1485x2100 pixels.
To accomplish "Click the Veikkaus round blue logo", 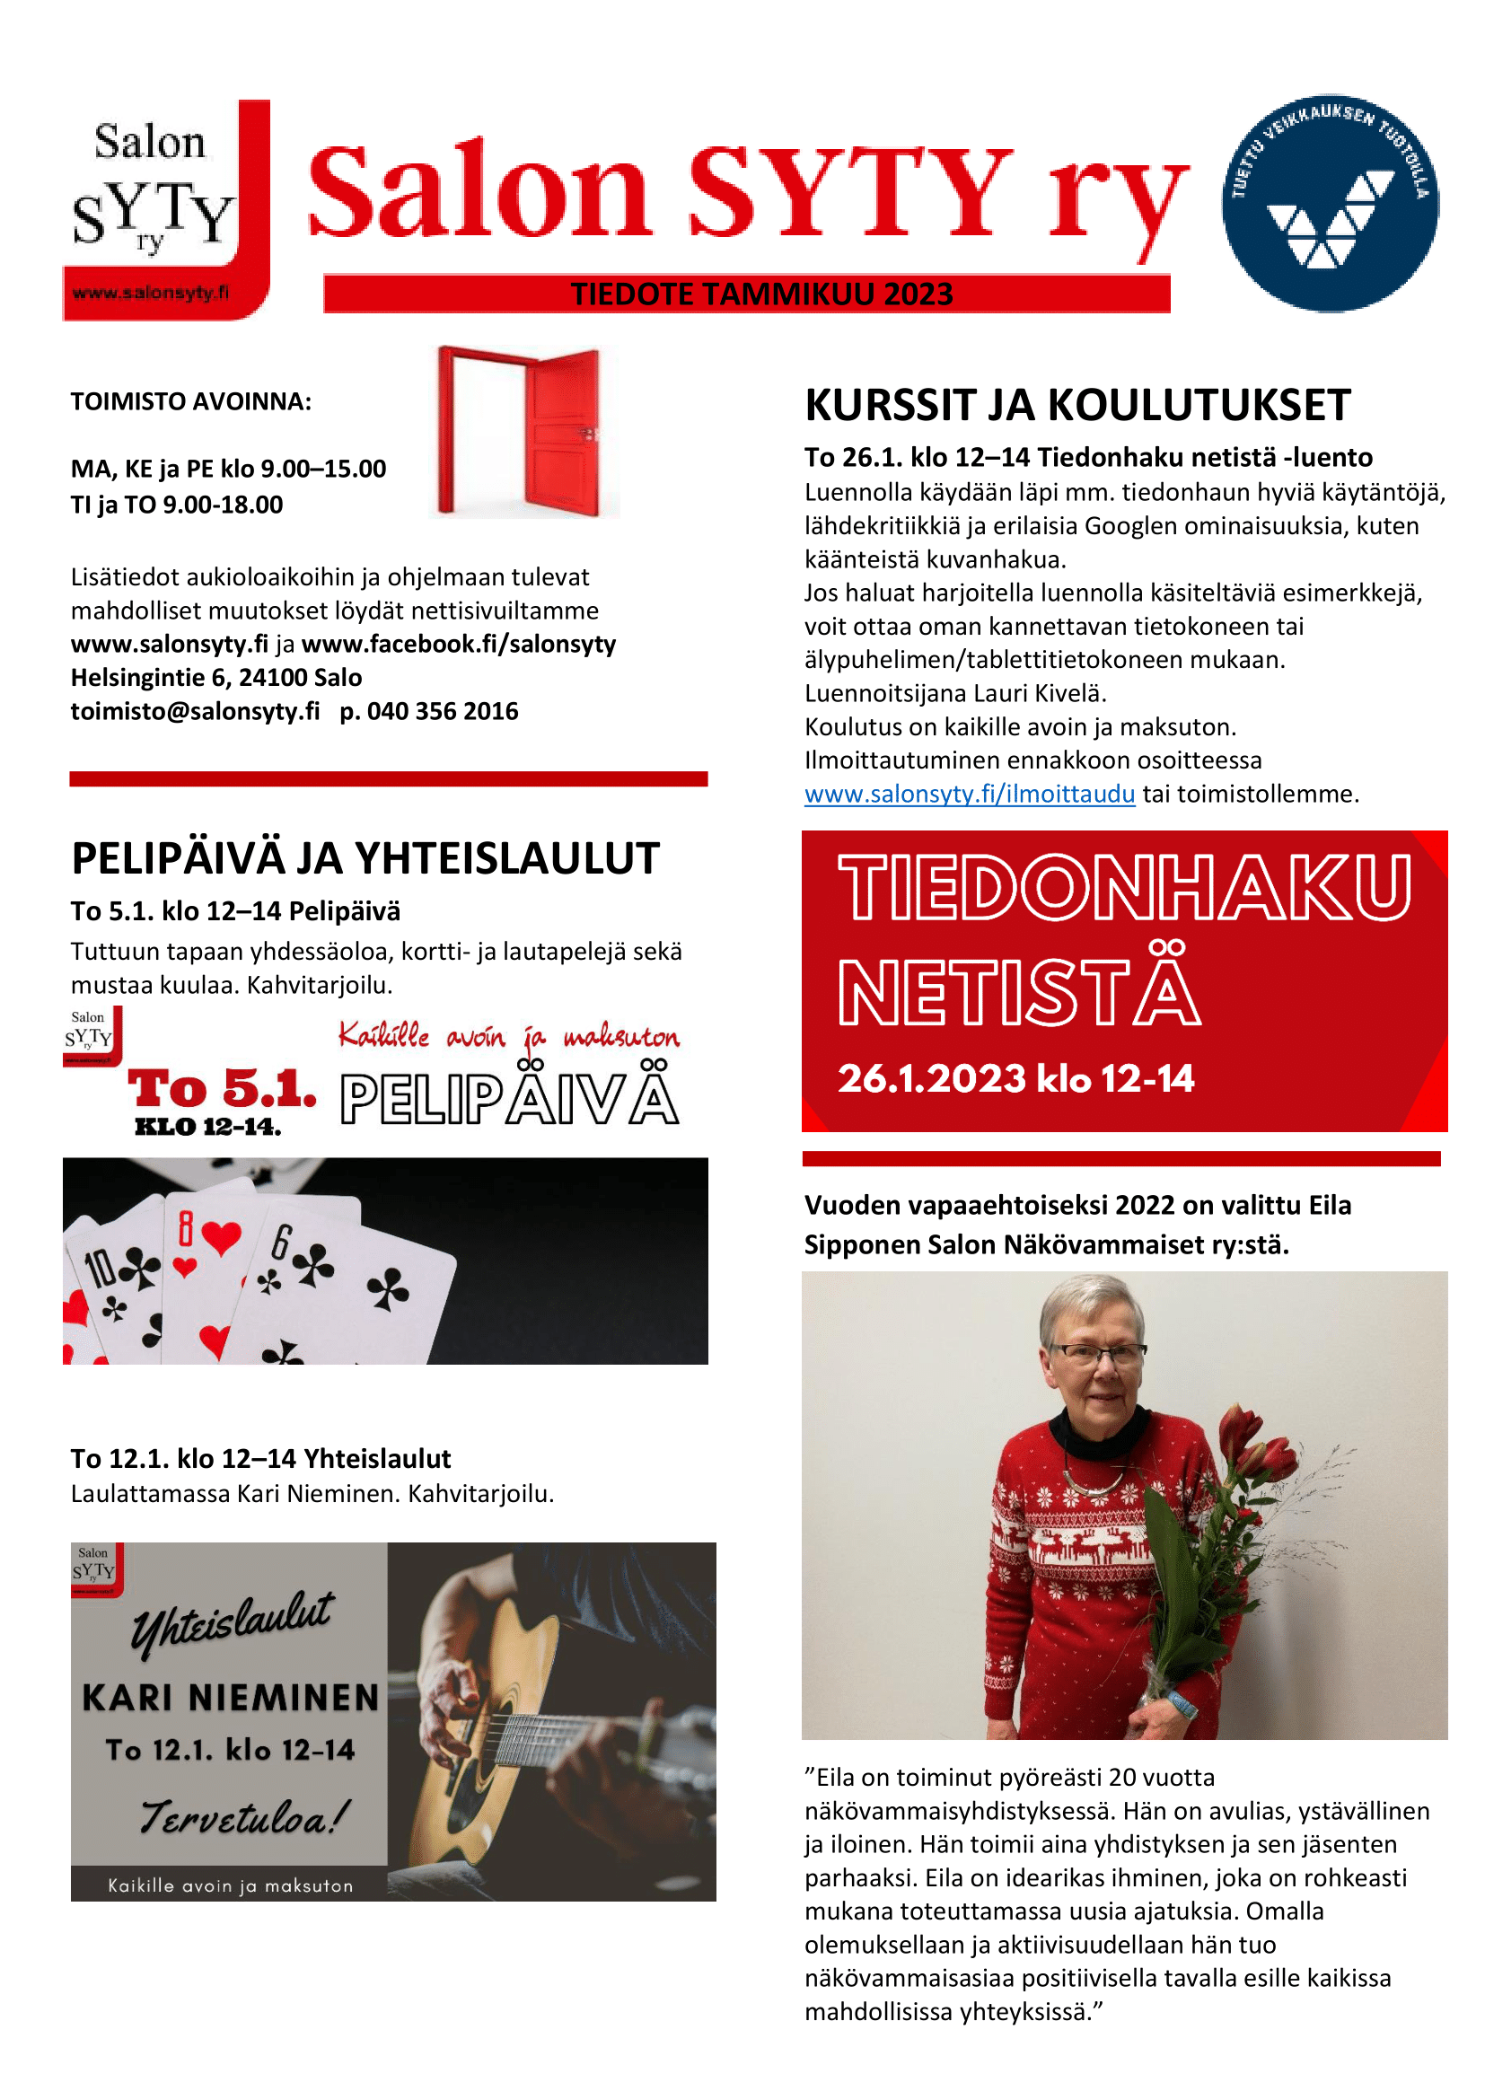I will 1330,203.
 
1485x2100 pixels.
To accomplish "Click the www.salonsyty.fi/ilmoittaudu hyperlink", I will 970,794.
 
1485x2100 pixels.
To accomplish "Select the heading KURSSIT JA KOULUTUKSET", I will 1077,405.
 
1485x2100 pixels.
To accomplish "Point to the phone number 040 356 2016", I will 443,712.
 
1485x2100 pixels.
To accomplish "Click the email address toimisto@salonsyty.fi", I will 195,712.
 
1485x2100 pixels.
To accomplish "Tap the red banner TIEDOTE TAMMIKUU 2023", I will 760,294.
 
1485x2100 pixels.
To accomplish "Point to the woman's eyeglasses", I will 1097,1352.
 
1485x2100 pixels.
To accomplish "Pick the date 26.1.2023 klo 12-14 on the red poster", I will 1016,1079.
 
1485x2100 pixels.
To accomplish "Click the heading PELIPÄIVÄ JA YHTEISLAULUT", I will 365,859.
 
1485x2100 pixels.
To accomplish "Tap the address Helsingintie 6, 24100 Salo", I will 215,678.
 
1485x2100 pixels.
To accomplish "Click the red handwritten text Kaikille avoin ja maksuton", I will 508,1036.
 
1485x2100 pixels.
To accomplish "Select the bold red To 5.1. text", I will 222,1089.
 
